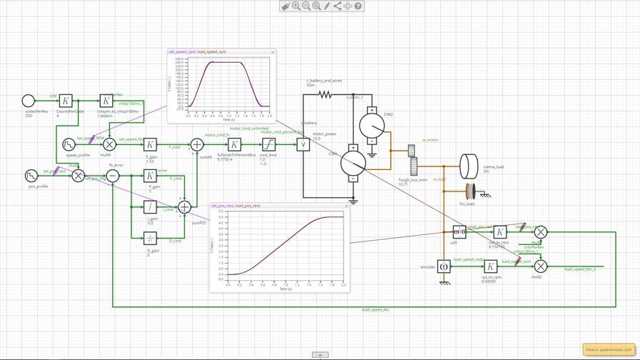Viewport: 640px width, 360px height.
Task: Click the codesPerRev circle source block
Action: pyautogui.click(x=28, y=101)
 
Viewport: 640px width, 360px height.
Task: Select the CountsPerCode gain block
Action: pyautogui.click(x=65, y=101)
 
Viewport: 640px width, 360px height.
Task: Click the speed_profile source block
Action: pyautogui.click(x=69, y=145)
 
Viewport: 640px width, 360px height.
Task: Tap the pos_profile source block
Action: pyautogui.click(x=31, y=176)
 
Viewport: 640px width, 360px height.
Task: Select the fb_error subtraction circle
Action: pyautogui.click(x=113, y=176)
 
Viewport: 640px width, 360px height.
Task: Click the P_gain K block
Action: pyautogui.click(x=150, y=176)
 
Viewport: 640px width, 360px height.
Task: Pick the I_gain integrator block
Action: pyautogui.click(x=150, y=207)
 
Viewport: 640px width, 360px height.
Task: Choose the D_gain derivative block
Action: pyautogui.click(x=150, y=238)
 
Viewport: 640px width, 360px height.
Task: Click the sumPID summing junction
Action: pyautogui.click(x=184, y=207)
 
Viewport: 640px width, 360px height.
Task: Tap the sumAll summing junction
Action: pyautogui.click(x=196, y=145)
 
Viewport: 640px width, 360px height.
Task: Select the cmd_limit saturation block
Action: pyautogui.click(x=268, y=145)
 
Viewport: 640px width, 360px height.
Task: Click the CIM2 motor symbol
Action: pyautogui.click(x=371, y=126)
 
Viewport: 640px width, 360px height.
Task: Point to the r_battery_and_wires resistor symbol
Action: pyautogui.click(x=325, y=94)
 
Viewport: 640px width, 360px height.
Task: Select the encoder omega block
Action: pyautogui.click(x=444, y=266)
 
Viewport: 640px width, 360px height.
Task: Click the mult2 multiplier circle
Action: pyautogui.click(x=541, y=266)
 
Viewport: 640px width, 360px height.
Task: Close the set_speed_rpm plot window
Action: pyautogui.click(x=272, y=52)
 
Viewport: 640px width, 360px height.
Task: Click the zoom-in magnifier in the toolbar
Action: pyautogui.click(x=296, y=6)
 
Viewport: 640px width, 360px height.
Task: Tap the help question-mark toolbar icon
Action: pyautogui.click(x=358, y=6)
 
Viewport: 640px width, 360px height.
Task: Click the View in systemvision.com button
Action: pyautogui.click(x=608, y=349)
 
